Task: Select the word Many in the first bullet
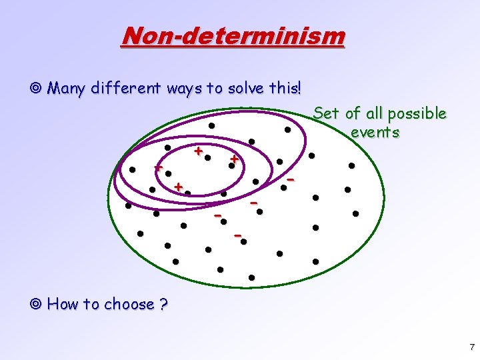[x=65, y=88]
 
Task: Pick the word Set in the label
[x=326, y=113]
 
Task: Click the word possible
[x=418, y=114]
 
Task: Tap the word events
[x=375, y=132]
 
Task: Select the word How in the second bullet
[x=63, y=305]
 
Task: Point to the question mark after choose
[x=163, y=305]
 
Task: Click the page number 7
[x=471, y=347]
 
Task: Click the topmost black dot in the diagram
[x=211, y=125]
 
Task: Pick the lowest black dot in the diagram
[x=251, y=277]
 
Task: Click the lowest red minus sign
[x=237, y=235]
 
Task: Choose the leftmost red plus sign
[x=158, y=168]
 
